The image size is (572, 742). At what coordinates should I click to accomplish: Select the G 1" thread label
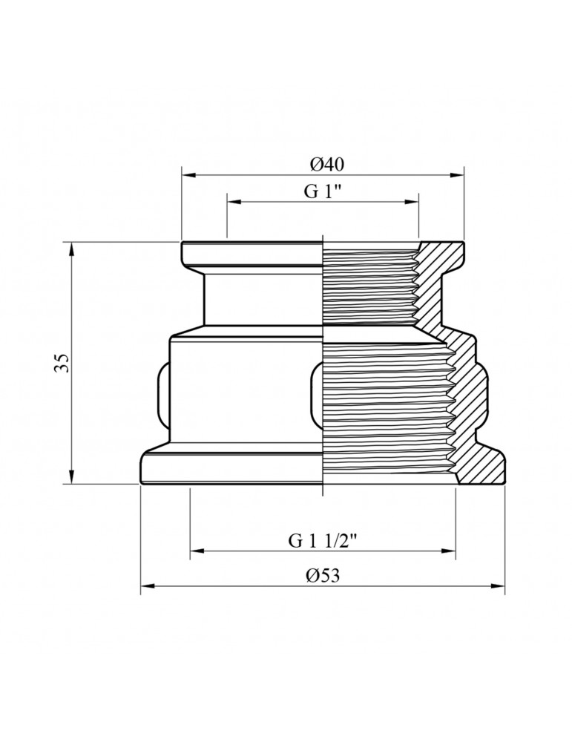coord(322,191)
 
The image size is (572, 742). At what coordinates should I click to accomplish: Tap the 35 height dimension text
coord(63,363)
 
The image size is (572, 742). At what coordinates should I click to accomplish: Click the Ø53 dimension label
coord(323,576)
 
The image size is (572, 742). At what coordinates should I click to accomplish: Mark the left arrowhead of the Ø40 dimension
coord(188,175)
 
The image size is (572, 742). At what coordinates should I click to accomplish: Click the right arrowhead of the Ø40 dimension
coord(457,175)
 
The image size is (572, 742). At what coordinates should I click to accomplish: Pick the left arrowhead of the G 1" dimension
coord(234,202)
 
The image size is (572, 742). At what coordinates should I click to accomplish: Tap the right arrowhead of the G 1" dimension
coord(412,202)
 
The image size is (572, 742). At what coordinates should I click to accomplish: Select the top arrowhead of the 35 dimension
coord(71,249)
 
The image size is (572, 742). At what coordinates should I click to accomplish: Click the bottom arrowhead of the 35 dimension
coord(71,477)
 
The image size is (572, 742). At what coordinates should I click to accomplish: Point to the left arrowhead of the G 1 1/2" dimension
coord(197,551)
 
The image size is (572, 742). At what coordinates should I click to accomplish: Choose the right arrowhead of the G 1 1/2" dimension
coord(449,551)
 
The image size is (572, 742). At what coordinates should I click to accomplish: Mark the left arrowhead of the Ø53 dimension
coord(148,586)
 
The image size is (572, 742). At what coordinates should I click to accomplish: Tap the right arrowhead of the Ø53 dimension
coord(499,586)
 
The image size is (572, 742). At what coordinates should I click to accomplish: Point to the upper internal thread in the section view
coord(369,284)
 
